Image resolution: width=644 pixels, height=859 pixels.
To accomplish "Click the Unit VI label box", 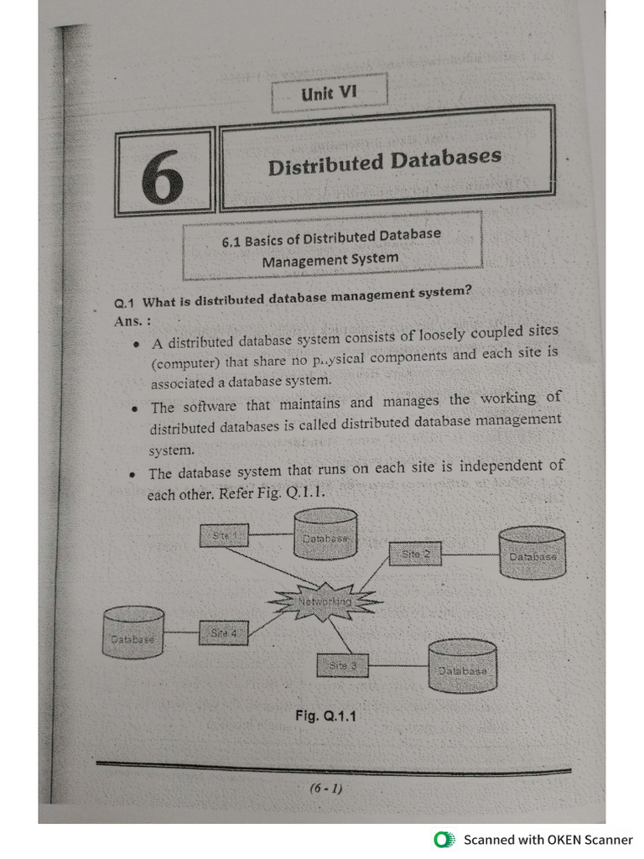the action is (x=329, y=93).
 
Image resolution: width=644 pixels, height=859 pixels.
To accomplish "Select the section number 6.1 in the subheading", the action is (x=231, y=241).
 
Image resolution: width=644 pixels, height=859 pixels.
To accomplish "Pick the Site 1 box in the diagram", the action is (x=225, y=535).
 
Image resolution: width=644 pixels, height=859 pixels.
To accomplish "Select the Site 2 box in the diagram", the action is (x=415, y=554).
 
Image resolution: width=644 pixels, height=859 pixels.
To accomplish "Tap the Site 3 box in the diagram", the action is (x=342, y=665).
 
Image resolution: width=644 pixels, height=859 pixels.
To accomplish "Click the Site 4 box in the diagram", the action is (x=224, y=633).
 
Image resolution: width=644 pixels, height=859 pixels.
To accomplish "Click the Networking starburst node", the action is (x=325, y=601).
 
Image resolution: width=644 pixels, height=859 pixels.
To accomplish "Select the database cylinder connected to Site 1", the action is (x=326, y=534).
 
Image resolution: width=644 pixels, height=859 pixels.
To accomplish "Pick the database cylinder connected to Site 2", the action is (x=532, y=553).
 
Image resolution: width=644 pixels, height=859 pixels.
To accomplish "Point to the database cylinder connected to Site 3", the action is (x=462, y=666).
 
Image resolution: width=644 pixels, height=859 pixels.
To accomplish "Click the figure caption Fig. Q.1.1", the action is (x=325, y=716).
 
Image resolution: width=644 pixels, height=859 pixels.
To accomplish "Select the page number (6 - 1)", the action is (x=325, y=789).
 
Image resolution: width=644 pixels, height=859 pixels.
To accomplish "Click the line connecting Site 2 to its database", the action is (x=470, y=554).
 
